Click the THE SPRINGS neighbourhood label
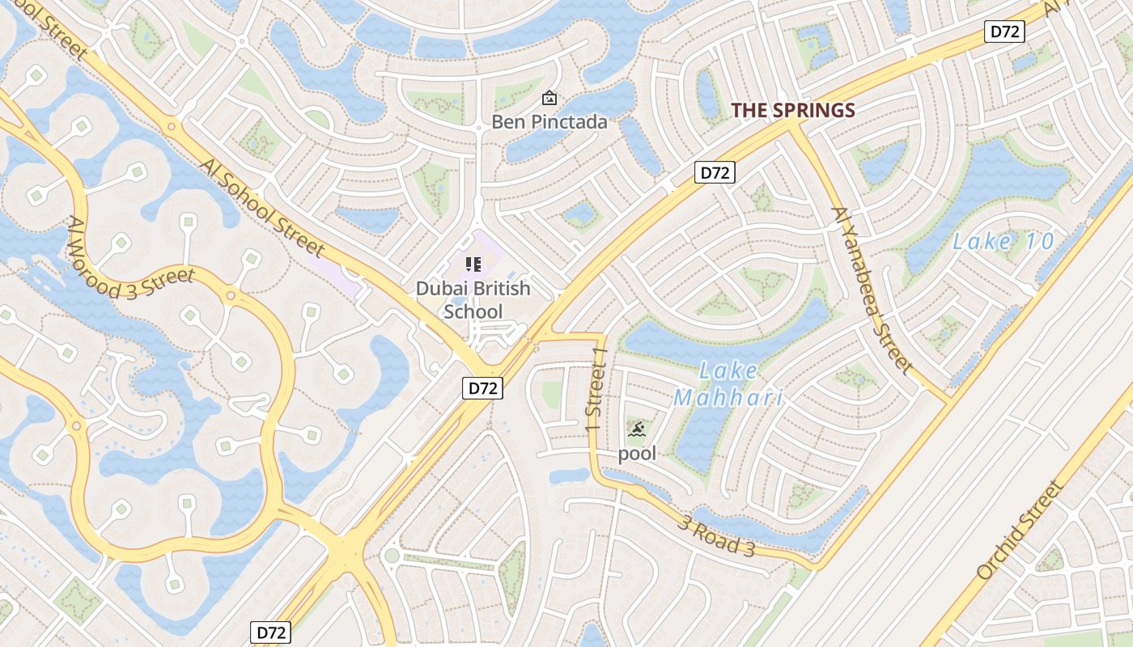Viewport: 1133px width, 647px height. click(x=793, y=111)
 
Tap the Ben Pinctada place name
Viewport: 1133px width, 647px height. click(x=550, y=122)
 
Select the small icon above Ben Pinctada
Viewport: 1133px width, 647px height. click(x=550, y=99)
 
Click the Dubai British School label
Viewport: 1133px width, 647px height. click(x=473, y=300)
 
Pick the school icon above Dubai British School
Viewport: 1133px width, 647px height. click(x=473, y=264)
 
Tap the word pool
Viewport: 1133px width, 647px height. click(x=637, y=453)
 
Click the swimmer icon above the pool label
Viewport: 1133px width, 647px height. click(x=637, y=429)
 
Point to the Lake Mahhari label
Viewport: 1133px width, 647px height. click(x=728, y=384)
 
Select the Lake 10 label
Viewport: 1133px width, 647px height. click(x=1004, y=241)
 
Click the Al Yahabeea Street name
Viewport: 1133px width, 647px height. click(x=872, y=289)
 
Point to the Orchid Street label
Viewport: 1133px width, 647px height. click(x=1018, y=530)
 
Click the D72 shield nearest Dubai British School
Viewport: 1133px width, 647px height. click(x=483, y=388)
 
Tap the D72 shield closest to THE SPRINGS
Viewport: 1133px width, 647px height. click(x=715, y=172)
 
